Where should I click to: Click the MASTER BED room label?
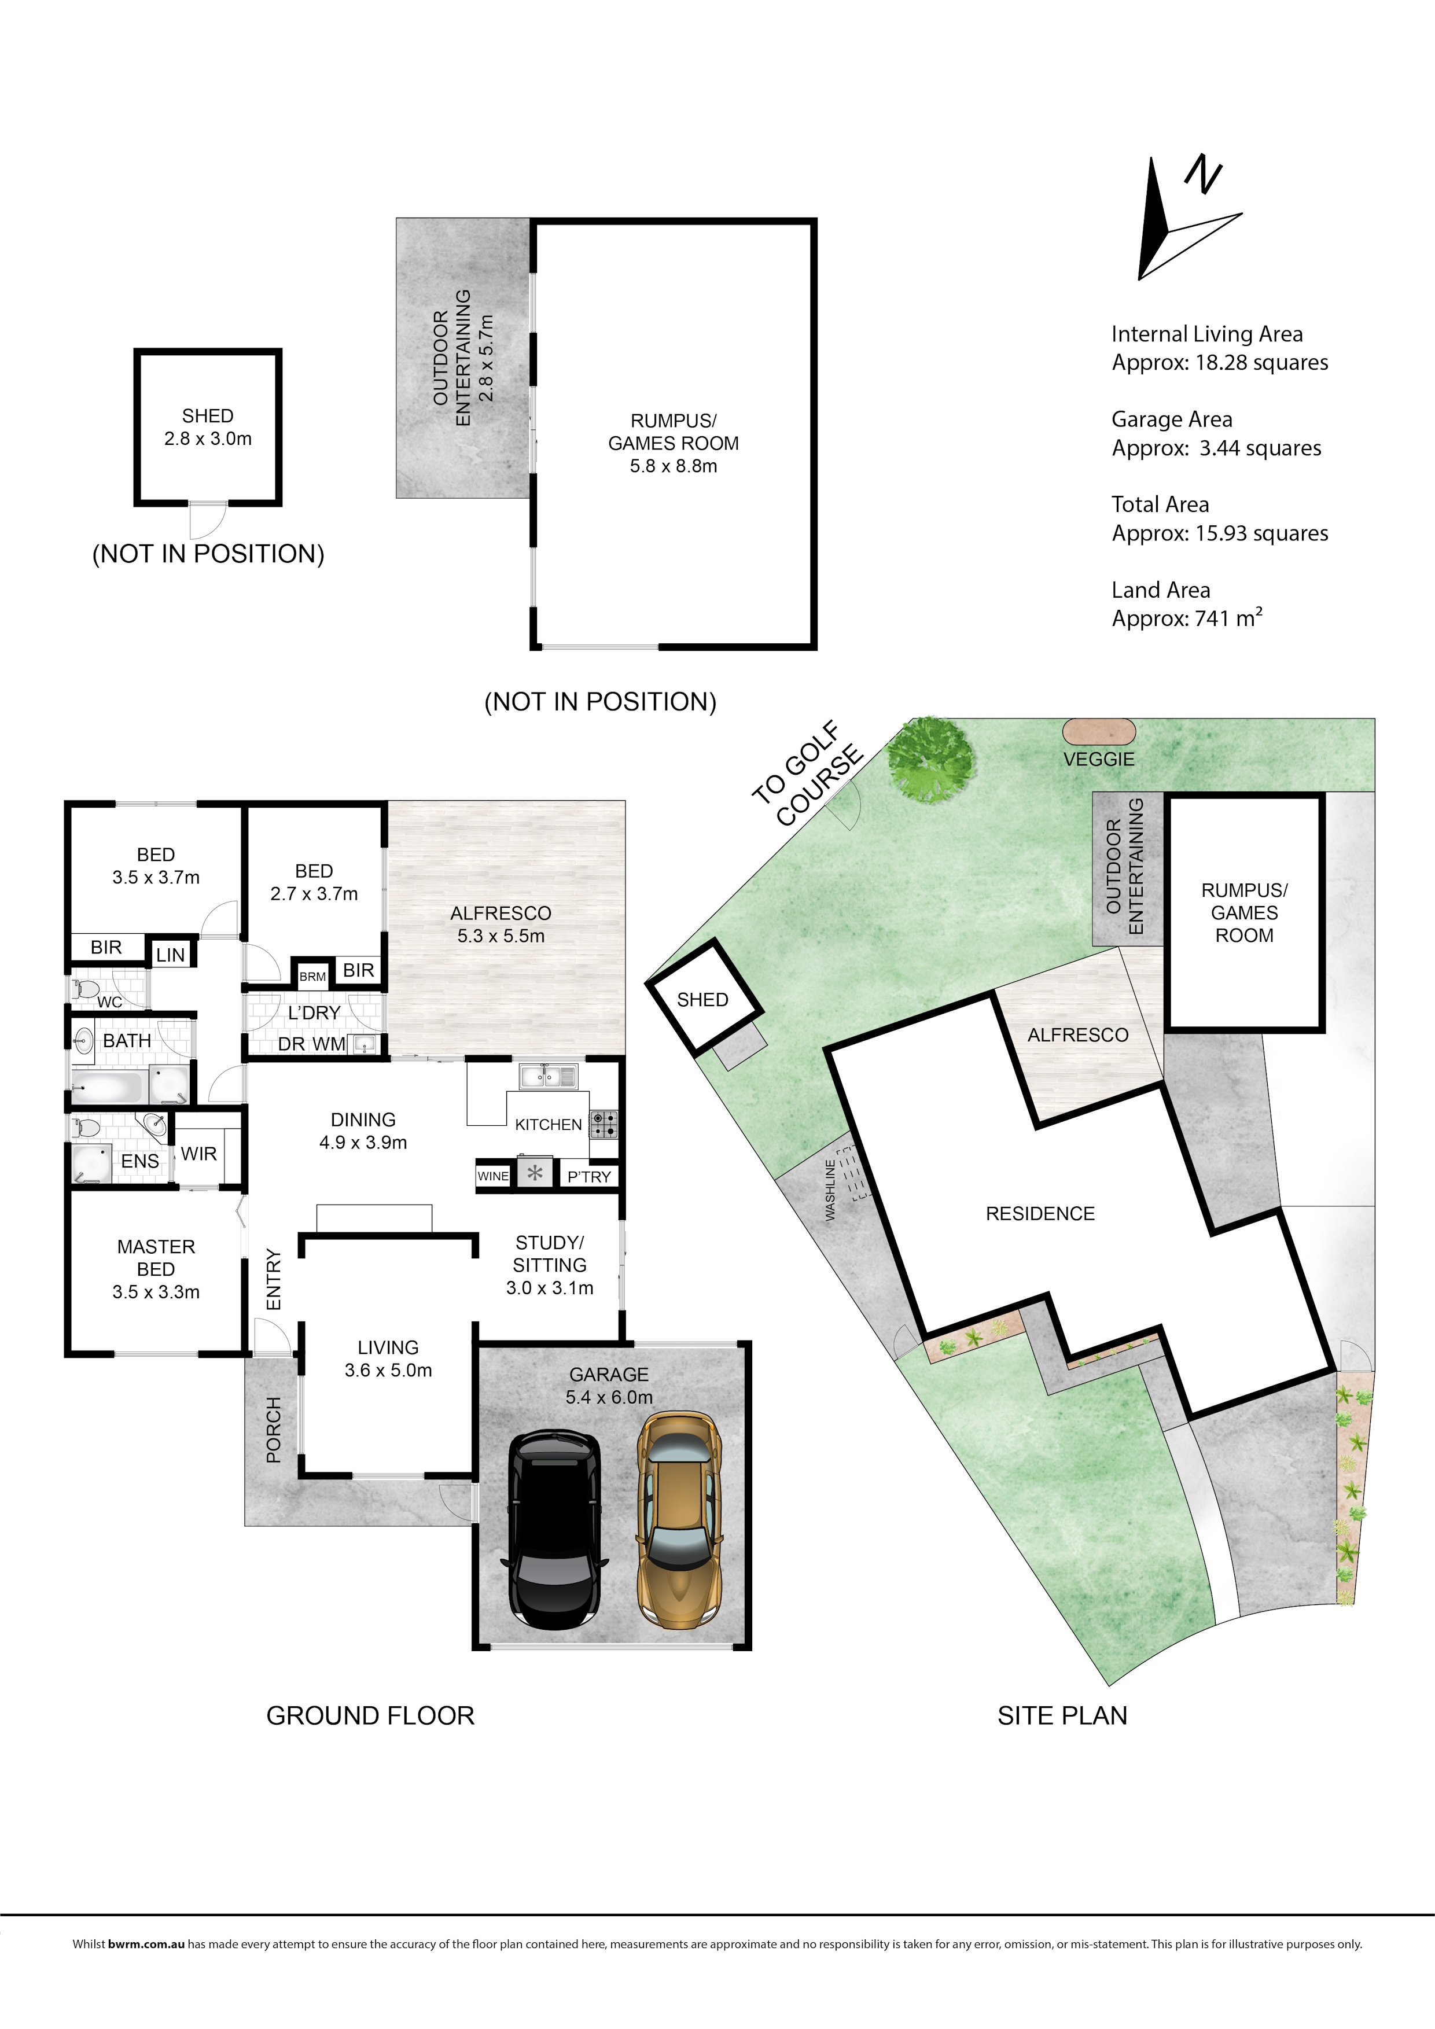pyautogui.click(x=156, y=1258)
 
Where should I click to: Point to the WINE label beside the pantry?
pyautogui.click(x=493, y=1176)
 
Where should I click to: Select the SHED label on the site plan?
pyautogui.click(x=702, y=1000)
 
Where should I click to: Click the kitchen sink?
pyautogui.click(x=548, y=1076)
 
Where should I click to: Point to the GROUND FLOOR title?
pyautogui.click(x=370, y=1715)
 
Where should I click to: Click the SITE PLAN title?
pyautogui.click(x=1062, y=1715)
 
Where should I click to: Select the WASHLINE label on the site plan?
pyautogui.click(x=830, y=1191)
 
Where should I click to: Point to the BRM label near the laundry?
pyautogui.click(x=313, y=977)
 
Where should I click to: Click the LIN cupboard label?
pyautogui.click(x=171, y=955)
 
